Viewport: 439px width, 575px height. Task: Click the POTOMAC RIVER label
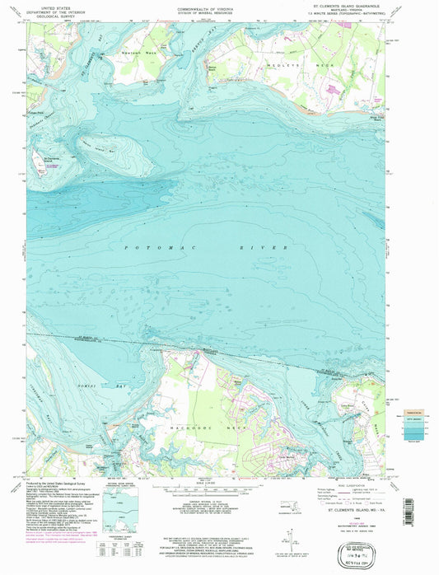tap(205, 247)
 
